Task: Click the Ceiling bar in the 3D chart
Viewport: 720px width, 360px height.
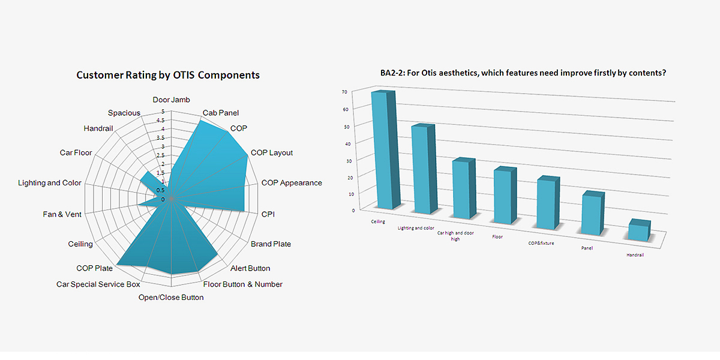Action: coord(382,150)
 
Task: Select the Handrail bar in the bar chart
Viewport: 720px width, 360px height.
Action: coord(639,232)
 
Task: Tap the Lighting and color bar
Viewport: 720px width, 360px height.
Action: coord(422,170)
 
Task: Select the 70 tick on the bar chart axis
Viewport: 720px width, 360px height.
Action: coord(344,92)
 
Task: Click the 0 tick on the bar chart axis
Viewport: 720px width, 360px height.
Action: coord(353,211)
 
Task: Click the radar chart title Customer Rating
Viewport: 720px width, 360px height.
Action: coord(168,75)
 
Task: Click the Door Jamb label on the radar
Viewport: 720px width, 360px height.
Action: coord(171,100)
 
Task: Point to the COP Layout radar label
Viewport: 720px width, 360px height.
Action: coord(271,152)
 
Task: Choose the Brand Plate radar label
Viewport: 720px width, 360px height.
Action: coord(271,244)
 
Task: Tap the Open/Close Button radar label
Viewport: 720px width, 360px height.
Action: coord(171,297)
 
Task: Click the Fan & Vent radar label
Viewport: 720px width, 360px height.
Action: coord(62,214)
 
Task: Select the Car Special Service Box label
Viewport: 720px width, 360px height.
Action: coord(98,284)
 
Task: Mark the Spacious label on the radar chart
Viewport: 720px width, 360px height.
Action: coord(124,113)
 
